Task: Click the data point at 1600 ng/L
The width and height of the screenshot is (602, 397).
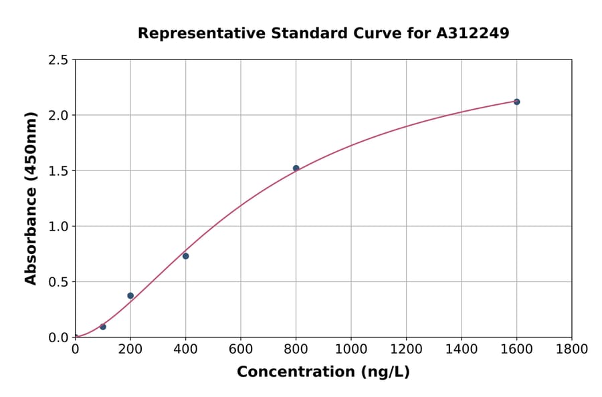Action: (516, 102)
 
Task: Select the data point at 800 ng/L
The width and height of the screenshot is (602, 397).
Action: (296, 168)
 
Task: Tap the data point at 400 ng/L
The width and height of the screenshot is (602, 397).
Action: (185, 256)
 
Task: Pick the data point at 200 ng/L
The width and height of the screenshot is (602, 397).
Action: (130, 295)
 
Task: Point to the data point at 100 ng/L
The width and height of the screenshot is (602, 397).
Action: (102, 327)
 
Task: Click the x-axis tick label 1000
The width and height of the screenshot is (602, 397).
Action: (350, 349)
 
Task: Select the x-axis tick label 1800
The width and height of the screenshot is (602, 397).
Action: (571, 349)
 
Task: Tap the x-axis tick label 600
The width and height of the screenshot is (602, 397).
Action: (240, 349)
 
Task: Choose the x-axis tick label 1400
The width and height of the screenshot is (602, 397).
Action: (461, 349)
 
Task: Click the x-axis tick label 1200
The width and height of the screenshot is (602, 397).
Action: (406, 349)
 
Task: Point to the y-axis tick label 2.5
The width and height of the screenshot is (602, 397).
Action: (58, 60)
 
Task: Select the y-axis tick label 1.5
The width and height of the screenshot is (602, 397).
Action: (58, 171)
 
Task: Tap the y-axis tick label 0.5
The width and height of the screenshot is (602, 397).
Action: (58, 282)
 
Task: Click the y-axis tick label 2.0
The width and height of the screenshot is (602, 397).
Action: (58, 116)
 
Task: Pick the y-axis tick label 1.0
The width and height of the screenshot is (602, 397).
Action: (58, 227)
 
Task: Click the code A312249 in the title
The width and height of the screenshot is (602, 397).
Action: (473, 33)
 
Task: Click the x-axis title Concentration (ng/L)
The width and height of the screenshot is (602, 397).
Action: (323, 372)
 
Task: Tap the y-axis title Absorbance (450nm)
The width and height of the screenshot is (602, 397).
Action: (31, 198)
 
